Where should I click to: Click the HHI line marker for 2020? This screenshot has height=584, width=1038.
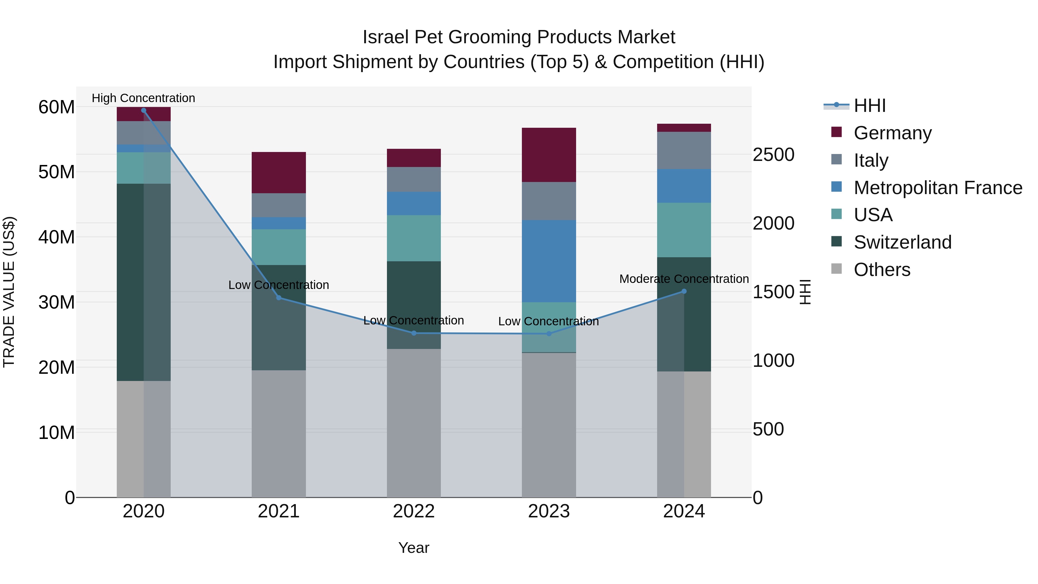[x=144, y=110]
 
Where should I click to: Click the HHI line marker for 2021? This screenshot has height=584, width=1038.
[x=279, y=298]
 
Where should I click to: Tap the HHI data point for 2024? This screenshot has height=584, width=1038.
[x=684, y=291]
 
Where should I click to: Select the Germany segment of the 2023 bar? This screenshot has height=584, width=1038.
[x=549, y=155]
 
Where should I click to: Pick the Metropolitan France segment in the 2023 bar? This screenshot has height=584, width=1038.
[x=549, y=261]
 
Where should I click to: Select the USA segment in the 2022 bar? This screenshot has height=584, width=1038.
[x=414, y=238]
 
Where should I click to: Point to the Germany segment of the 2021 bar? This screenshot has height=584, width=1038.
[x=279, y=172]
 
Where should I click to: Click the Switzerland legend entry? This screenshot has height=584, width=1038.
[x=902, y=243]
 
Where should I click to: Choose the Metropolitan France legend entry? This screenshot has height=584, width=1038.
[x=937, y=188]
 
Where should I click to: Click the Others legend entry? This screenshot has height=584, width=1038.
[x=882, y=270]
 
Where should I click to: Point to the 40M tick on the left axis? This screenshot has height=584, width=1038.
[x=57, y=237]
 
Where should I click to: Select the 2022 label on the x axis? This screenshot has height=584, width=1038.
[x=414, y=511]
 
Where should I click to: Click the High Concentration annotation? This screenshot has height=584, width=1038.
[x=144, y=98]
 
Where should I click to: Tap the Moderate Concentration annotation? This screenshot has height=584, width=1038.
[x=684, y=279]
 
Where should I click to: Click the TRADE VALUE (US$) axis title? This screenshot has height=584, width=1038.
[x=9, y=292]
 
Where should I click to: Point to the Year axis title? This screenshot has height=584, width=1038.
[x=414, y=548]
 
